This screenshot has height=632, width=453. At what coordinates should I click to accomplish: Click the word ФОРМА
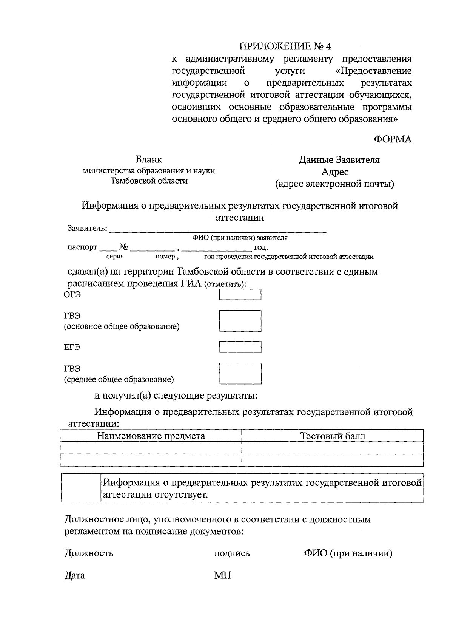pos(393,139)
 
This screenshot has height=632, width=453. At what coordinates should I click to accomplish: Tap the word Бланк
pos(149,160)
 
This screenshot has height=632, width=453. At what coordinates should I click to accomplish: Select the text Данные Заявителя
pos(339,160)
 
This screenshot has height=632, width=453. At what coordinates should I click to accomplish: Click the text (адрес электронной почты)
pos(334,184)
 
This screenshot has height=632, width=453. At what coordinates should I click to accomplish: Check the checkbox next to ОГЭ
pos(240,295)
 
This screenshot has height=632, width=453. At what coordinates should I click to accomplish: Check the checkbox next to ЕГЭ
pos(240,347)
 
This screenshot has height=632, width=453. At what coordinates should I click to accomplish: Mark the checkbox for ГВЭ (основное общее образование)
pos(240,321)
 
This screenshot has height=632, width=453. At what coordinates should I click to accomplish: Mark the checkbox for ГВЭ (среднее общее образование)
pos(240,373)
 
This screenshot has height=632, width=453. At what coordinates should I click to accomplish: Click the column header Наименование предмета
pos(151,436)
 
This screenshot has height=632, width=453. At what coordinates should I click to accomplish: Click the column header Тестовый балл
pos(333,436)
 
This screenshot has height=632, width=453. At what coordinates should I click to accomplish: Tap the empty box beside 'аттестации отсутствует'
pos(81,488)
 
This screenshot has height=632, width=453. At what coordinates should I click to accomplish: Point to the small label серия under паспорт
pos(115,257)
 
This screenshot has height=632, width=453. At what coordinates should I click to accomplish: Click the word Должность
pos(89,553)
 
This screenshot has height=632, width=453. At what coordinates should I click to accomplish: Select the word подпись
pos(232,553)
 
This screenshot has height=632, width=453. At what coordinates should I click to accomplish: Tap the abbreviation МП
pos(222,575)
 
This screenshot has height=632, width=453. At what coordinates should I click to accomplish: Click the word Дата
pos(75,576)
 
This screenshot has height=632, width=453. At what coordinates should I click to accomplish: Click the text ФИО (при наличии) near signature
pos(348,553)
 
